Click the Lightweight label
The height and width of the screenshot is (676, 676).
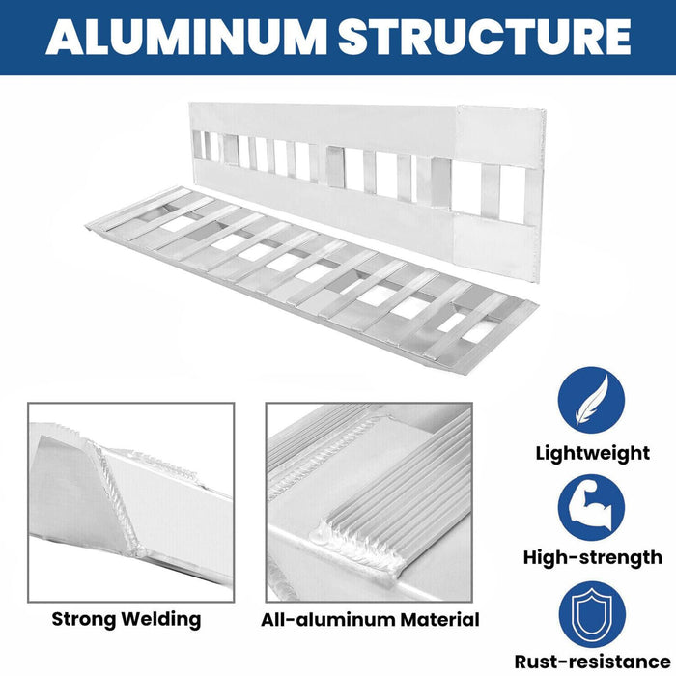click(592, 453)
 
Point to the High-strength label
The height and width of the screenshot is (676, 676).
click(592, 557)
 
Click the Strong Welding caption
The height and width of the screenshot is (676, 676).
click(127, 619)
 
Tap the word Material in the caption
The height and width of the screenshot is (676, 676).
click(439, 619)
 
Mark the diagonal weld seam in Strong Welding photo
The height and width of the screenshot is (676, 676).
click(106, 493)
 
